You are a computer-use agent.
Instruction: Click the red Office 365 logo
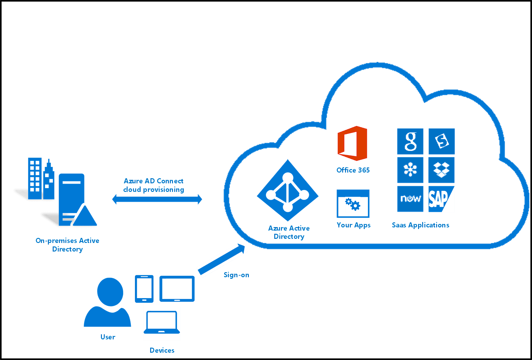pyautogui.click(x=352, y=143)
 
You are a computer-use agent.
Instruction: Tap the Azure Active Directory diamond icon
pyautogui.click(x=288, y=190)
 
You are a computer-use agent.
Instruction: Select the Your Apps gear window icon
pyautogui.click(x=353, y=204)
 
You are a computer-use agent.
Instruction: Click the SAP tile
pyautogui.click(x=442, y=199)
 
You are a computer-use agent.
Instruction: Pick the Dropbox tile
pyautogui.click(x=442, y=170)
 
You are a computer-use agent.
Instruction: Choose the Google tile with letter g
pyautogui.click(x=410, y=141)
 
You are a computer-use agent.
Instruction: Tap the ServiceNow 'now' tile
pyautogui.click(x=410, y=199)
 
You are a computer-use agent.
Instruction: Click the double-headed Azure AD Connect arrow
pyautogui.click(x=157, y=200)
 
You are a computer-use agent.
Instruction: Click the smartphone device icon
pyautogui.click(x=144, y=289)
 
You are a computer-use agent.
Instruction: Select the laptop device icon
pyautogui.click(x=162, y=323)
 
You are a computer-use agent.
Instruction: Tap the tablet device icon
pyautogui.click(x=177, y=289)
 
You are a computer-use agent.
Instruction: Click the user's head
pyautogui.click(x=110, y=292)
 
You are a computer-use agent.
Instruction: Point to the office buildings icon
pyautogui.click(x=41, y=180)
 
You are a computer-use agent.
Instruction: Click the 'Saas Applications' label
pyautogui.click(x=420, y=225)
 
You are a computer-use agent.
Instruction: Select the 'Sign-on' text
pyautogui.click(x=236, y=275)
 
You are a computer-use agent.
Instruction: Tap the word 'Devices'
pyautogui.click(x=162, y=350)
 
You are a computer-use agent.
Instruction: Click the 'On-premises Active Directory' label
pyautogui.click(x=67, y=245)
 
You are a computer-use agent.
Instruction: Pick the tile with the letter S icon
pyautogui.click(x=442, y=141)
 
